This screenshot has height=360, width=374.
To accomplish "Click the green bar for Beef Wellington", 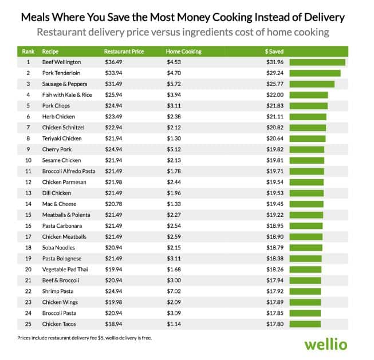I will pyautogui.click(x=317, y=62).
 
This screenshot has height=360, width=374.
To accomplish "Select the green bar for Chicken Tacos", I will pyautogui.click(x=305, y=324).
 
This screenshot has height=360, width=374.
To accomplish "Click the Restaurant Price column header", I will pyautogui.click(x=124, y=52).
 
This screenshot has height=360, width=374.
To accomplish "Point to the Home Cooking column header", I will pyautogui.click(x=183, y=52).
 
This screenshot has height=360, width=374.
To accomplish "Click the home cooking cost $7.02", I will pyautogui.click(x=174, y=291).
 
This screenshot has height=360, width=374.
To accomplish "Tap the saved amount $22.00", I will pyautogui.click(x=273, y=95).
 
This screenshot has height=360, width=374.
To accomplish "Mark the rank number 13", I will pyautogui.click(x=27, y=193).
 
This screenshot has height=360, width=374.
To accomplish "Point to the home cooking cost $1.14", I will pyautogui.click(x=174, y=324).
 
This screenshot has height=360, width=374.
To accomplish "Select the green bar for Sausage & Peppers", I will pyautogui.click(x=312, y=84).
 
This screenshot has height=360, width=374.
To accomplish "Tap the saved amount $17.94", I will pyautogui.click(x=273, y=280).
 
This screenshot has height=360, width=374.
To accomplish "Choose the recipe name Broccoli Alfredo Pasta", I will pyautogui.click(x=69, y=171).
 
